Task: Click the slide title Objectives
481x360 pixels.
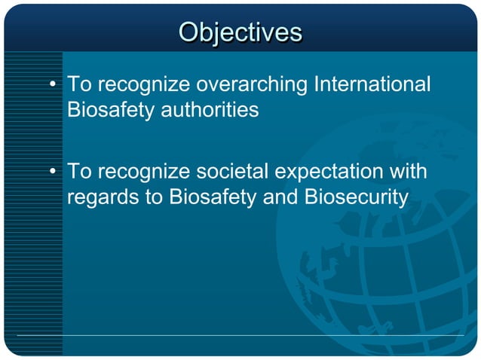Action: (240, 32)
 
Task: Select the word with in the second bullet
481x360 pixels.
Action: (409, 172)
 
